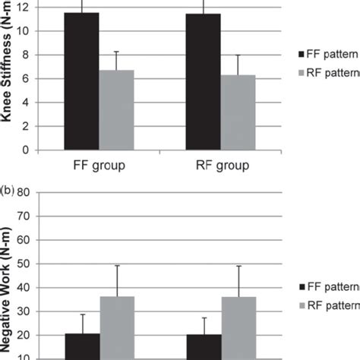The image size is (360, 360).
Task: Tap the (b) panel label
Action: pyautogui.click(x=8, y=185)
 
